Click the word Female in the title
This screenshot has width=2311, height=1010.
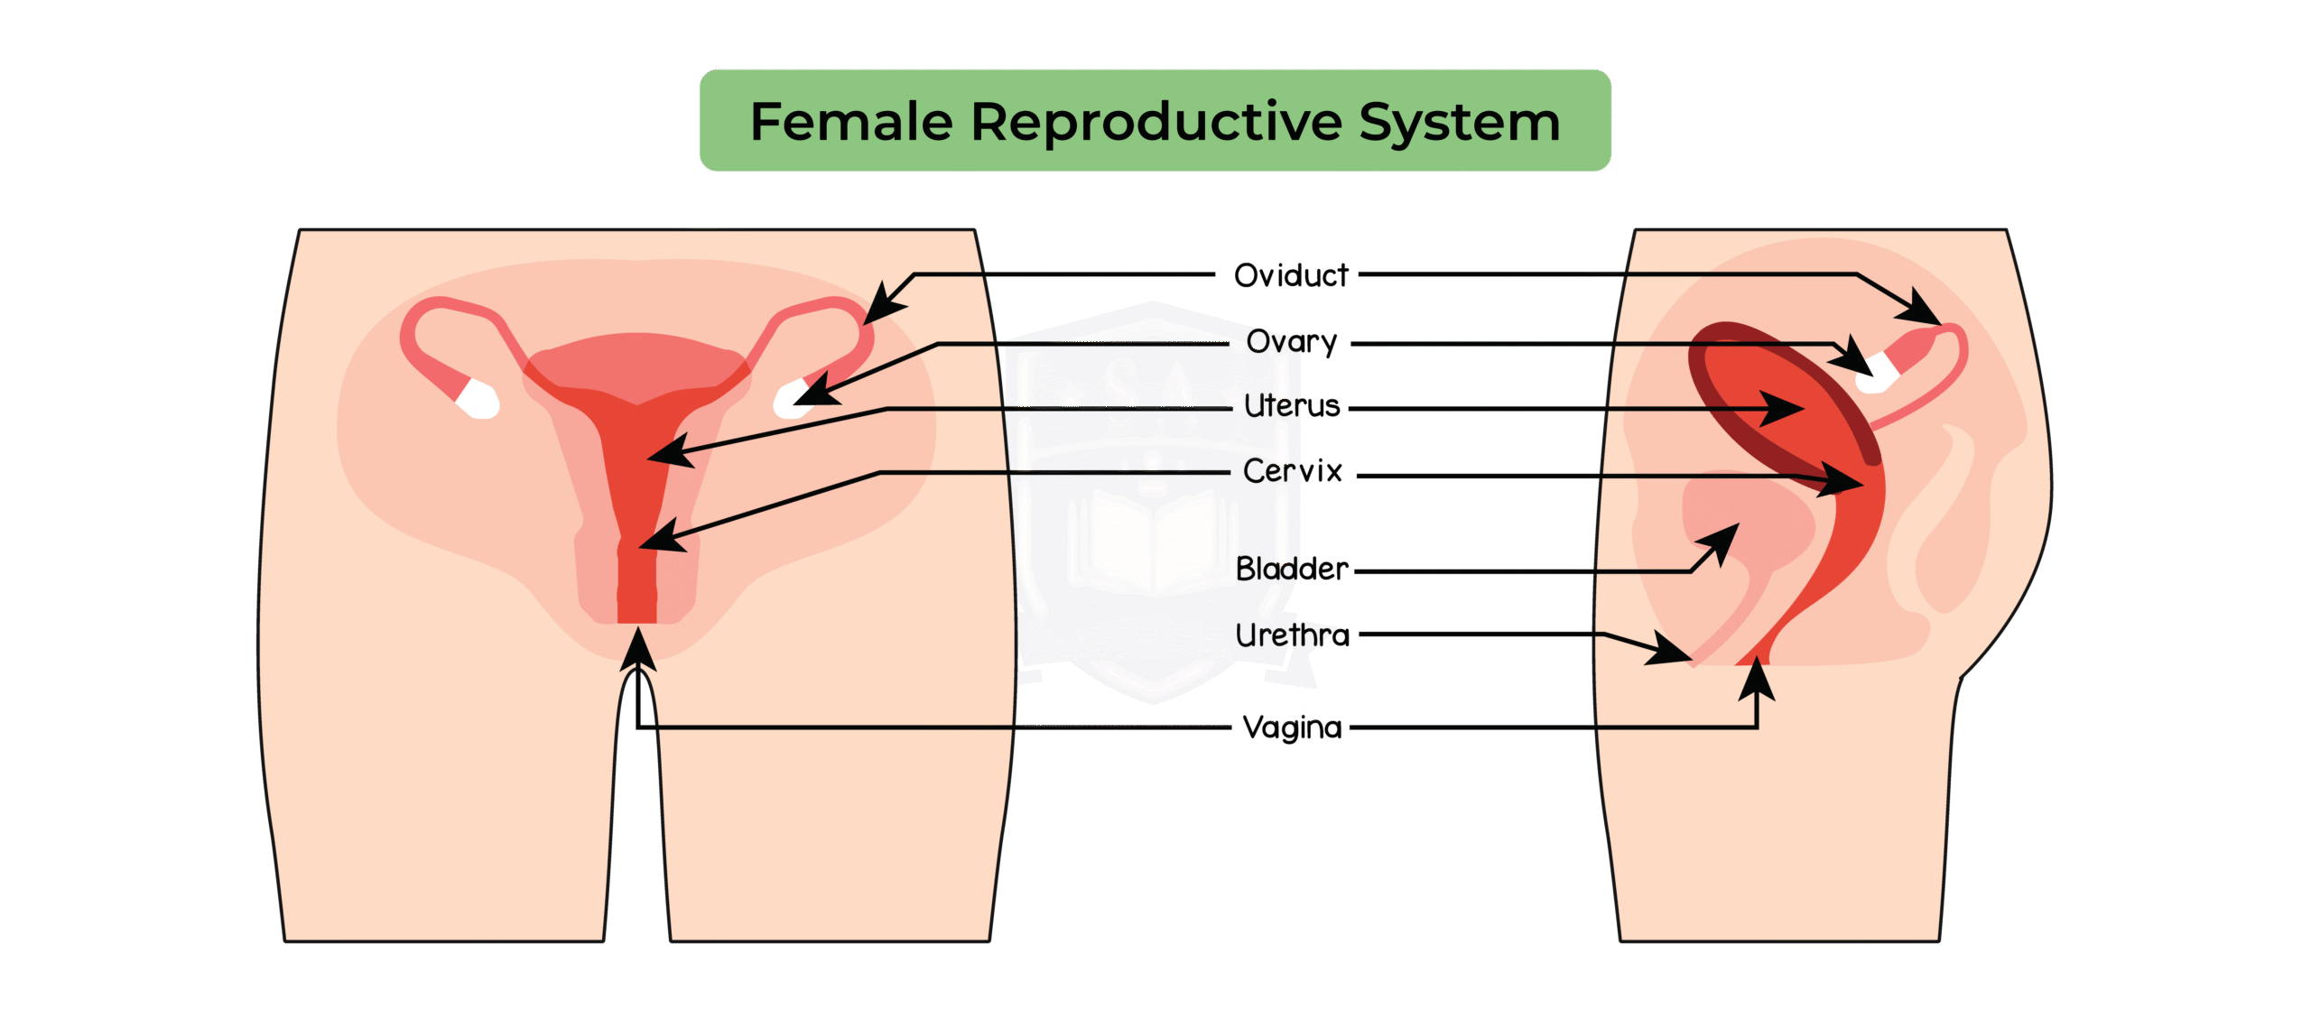pos(851,122)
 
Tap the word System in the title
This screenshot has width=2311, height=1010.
pos(1460,124)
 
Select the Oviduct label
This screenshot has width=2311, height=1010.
pos(1291,275)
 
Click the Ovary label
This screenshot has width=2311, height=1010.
pos(1292,342)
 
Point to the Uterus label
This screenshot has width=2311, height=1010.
pos(1292,407)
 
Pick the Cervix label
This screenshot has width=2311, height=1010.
pos(1292,471)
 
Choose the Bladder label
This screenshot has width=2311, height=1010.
pos(1292,569)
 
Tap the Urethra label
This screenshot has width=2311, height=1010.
pos(1292,635)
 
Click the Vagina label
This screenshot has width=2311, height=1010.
pos(1292,727)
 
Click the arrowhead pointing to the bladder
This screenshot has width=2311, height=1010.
pos(1720,542)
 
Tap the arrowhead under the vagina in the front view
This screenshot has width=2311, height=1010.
pos(638,650)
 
